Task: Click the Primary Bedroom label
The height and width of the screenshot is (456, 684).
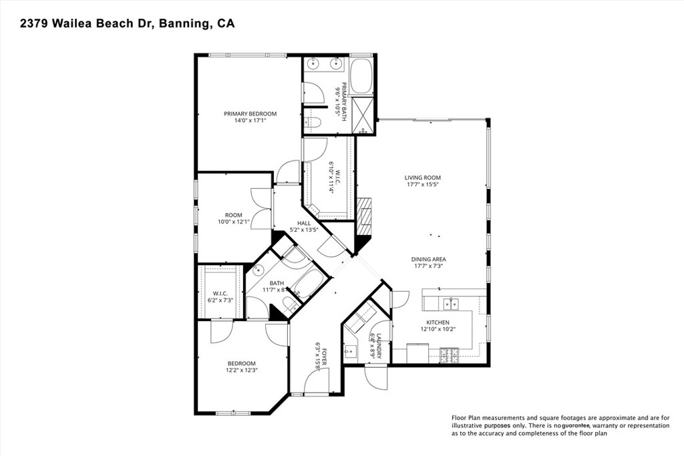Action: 250,113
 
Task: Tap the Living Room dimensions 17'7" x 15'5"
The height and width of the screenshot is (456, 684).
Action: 422,185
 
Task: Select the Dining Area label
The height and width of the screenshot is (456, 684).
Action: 429,259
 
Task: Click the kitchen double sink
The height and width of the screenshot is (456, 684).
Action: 451,304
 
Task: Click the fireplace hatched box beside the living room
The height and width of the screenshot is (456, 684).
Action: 363,216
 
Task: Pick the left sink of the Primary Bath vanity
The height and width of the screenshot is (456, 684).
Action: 315,64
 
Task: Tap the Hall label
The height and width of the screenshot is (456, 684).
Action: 304,224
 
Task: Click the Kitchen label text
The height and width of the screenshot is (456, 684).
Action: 438,322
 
